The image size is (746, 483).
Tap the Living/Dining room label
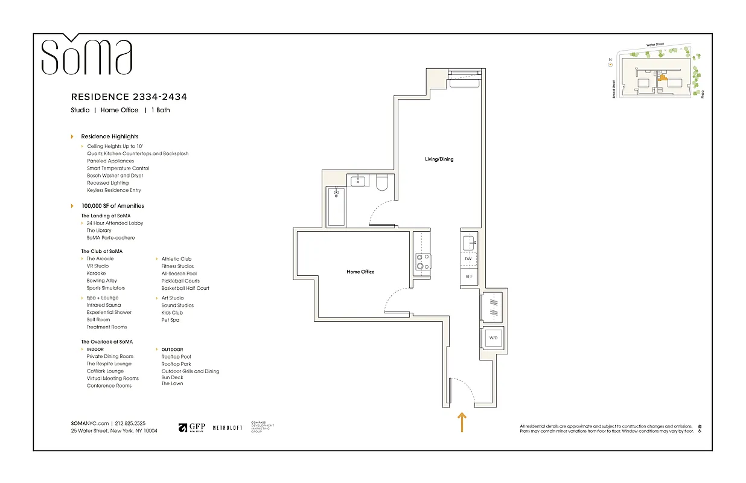439,159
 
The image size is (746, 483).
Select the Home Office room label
360,272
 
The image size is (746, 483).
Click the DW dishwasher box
468,259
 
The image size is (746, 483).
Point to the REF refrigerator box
468,277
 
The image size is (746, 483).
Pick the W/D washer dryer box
493,337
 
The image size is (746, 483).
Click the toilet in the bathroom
382,183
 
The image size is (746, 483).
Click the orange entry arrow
462,422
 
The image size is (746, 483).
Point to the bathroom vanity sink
359,181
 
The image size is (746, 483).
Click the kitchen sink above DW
469,243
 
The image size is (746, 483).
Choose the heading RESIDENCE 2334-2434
129,97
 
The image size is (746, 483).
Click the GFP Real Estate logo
192,427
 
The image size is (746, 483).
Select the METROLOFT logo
228,427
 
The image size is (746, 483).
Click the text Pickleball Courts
180,281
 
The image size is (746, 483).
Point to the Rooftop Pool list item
176,357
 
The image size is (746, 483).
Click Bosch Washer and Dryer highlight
115,176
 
